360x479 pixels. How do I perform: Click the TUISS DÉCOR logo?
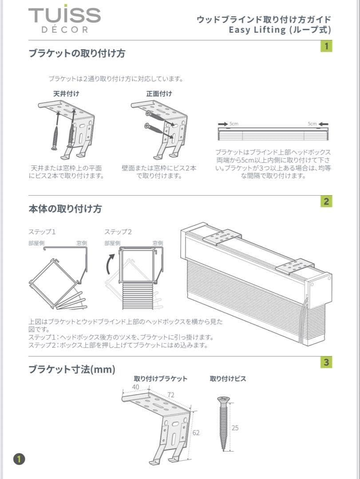click(64, 20)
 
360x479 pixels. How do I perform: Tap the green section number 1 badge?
click(326, 46)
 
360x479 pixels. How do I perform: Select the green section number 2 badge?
click(326, 202)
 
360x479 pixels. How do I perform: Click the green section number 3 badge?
click(326, 362)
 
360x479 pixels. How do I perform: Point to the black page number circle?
click(20, 459)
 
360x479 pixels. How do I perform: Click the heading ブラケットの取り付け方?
click(77, 54)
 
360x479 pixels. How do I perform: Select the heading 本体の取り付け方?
click(65, 209)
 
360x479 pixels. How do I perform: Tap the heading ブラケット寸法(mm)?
click(72, 369)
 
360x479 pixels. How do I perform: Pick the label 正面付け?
click(159, 94)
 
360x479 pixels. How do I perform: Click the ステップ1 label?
click(42, 232)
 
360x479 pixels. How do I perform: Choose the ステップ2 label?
click(118, 232)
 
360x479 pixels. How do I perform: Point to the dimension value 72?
click(170, 394)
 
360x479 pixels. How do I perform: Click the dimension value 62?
click(196, 432)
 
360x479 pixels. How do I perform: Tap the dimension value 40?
click(135, 387)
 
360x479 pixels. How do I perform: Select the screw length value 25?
click(235, 428)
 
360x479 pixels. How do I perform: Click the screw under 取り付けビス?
click(224, 424)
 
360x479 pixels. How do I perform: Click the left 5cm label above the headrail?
click(234, 124)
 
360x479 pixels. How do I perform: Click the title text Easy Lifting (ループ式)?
click(280, 30)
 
